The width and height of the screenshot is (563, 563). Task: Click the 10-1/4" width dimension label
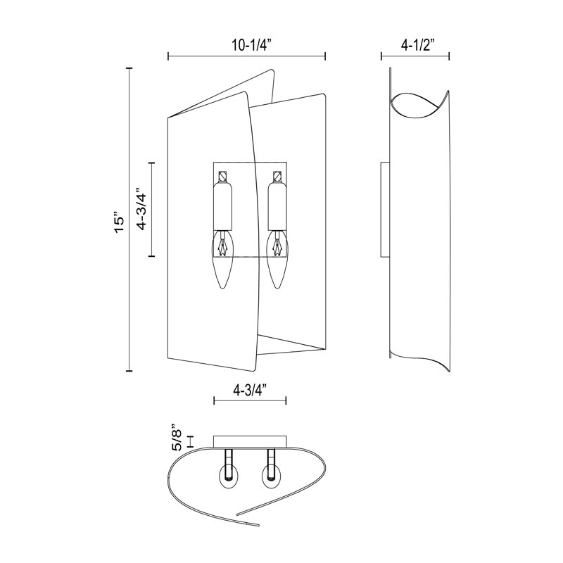247,46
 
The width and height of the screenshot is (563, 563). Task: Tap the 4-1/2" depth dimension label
415,46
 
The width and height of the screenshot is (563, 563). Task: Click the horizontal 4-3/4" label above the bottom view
250,390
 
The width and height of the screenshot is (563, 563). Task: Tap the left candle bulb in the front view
222,260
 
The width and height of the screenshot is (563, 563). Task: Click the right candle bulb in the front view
277,260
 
